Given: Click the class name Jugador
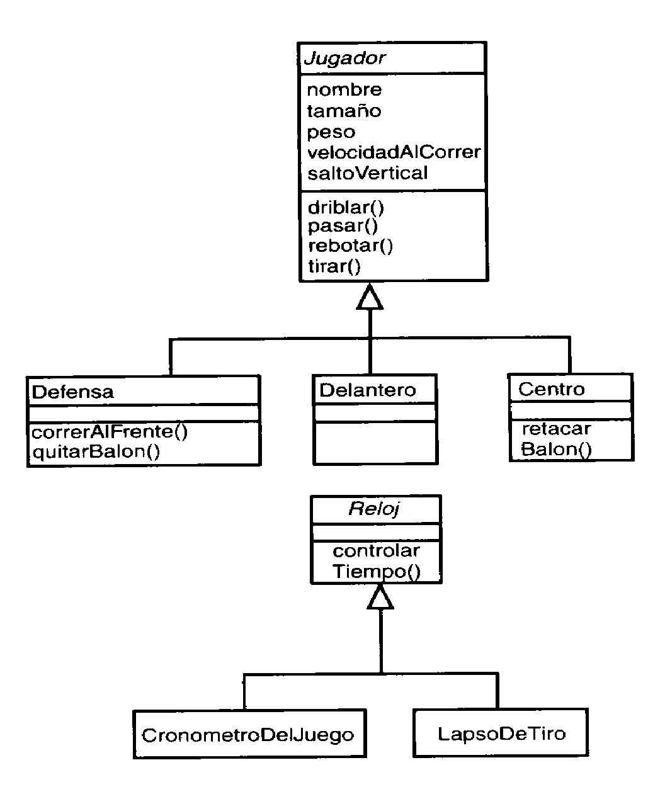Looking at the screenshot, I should click(x=344, y=59).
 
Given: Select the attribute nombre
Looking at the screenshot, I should click(x=344, y=90).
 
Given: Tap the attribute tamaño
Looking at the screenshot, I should click(x=344, y=111).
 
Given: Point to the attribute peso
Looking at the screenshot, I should click(x=331, y=132).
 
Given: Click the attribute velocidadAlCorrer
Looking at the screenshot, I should click(x=394, y=152).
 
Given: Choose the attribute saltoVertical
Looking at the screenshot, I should click(x=367, y=173).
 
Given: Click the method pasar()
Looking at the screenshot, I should click(x=343, y=226).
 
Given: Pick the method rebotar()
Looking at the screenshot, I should click(x=350, y=246).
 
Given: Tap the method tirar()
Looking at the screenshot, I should click(x=334, y=266).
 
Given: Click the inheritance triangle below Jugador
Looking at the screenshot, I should click(x=370, y=297).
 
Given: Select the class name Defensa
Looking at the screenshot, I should click(x=72, y=392).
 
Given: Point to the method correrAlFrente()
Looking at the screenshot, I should click(x=110, y=432).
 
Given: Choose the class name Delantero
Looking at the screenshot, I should click(x=368, y=390).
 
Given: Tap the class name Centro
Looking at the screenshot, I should click(x=551, y=389).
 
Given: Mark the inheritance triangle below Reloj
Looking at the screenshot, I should click(x=380, y=596).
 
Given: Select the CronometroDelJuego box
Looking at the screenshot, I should click(x=248, y=735).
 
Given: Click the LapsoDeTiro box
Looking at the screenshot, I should click(x=501, y=734).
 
